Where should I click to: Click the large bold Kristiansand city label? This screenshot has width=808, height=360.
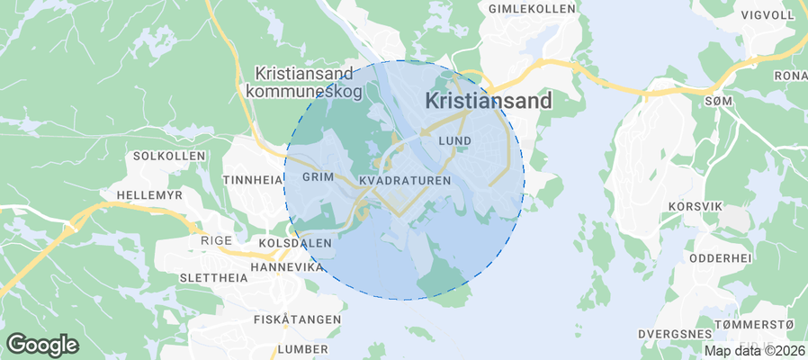(488, 102)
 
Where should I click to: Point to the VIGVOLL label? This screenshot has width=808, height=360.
(767, 15)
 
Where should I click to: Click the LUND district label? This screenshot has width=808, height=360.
(454, 141)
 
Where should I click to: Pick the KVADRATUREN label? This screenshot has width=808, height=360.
(404, 181)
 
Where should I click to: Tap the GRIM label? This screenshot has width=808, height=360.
(318, 177)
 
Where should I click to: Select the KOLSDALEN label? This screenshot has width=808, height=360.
(295, 244)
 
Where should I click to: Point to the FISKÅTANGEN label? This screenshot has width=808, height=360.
(297, 319)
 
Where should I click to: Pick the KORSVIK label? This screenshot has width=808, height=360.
(696, 206)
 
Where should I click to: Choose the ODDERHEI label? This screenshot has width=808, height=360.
(720, 257)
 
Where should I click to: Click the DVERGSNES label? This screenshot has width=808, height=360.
(674, 333)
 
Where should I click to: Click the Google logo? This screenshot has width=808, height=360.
(42, 344)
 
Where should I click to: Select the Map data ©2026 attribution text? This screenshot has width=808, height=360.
(754, 351)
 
